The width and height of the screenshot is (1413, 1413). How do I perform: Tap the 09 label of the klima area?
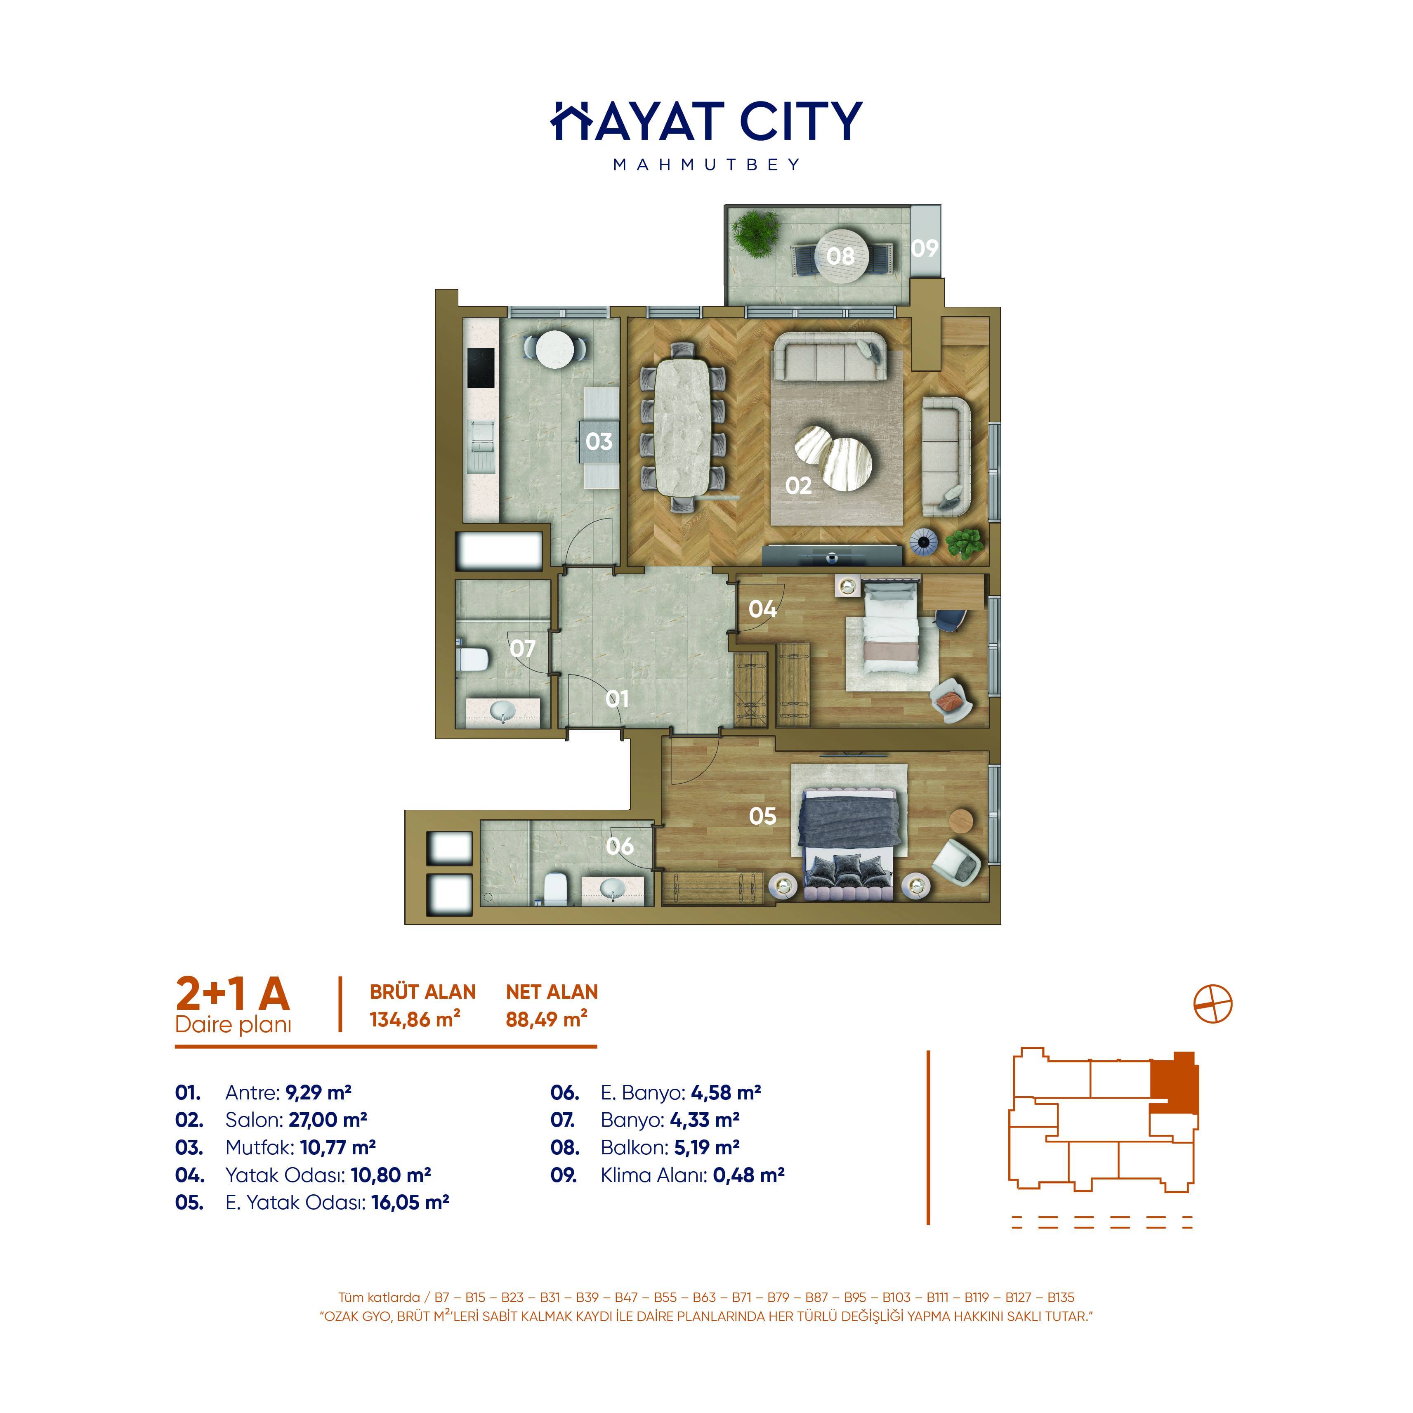(x=925, y=249)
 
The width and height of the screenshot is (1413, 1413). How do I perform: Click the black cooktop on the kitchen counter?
(x=481, y=368)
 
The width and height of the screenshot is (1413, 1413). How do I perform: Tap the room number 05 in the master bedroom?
(x=762, y=816)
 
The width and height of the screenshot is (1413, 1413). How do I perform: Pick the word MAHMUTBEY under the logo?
(x=706, y=165)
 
